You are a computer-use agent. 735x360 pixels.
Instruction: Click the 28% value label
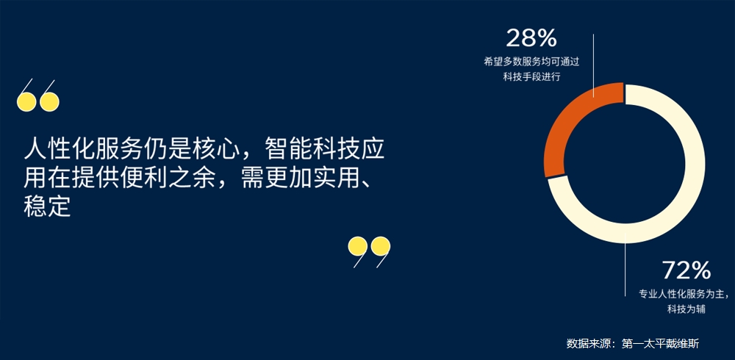point(531,38)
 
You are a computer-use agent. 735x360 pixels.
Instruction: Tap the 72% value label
point(686,270)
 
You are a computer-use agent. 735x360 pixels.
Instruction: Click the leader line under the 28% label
point(593,65)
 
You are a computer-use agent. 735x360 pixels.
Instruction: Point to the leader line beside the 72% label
point(625,264)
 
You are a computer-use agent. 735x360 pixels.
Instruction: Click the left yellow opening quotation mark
point(26,96)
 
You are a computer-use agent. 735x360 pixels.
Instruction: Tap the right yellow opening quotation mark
point(49,96)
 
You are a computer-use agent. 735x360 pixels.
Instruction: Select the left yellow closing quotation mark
point(358,252)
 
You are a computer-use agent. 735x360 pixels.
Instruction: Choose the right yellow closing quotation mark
point(381,252)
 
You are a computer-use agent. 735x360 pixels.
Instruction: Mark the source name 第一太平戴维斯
point(661,344)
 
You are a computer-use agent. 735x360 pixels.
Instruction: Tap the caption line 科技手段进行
point(531,76)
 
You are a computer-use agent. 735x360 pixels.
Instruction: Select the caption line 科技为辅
point(686,309)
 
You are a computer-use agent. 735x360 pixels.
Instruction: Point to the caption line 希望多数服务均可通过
point(531,62)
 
